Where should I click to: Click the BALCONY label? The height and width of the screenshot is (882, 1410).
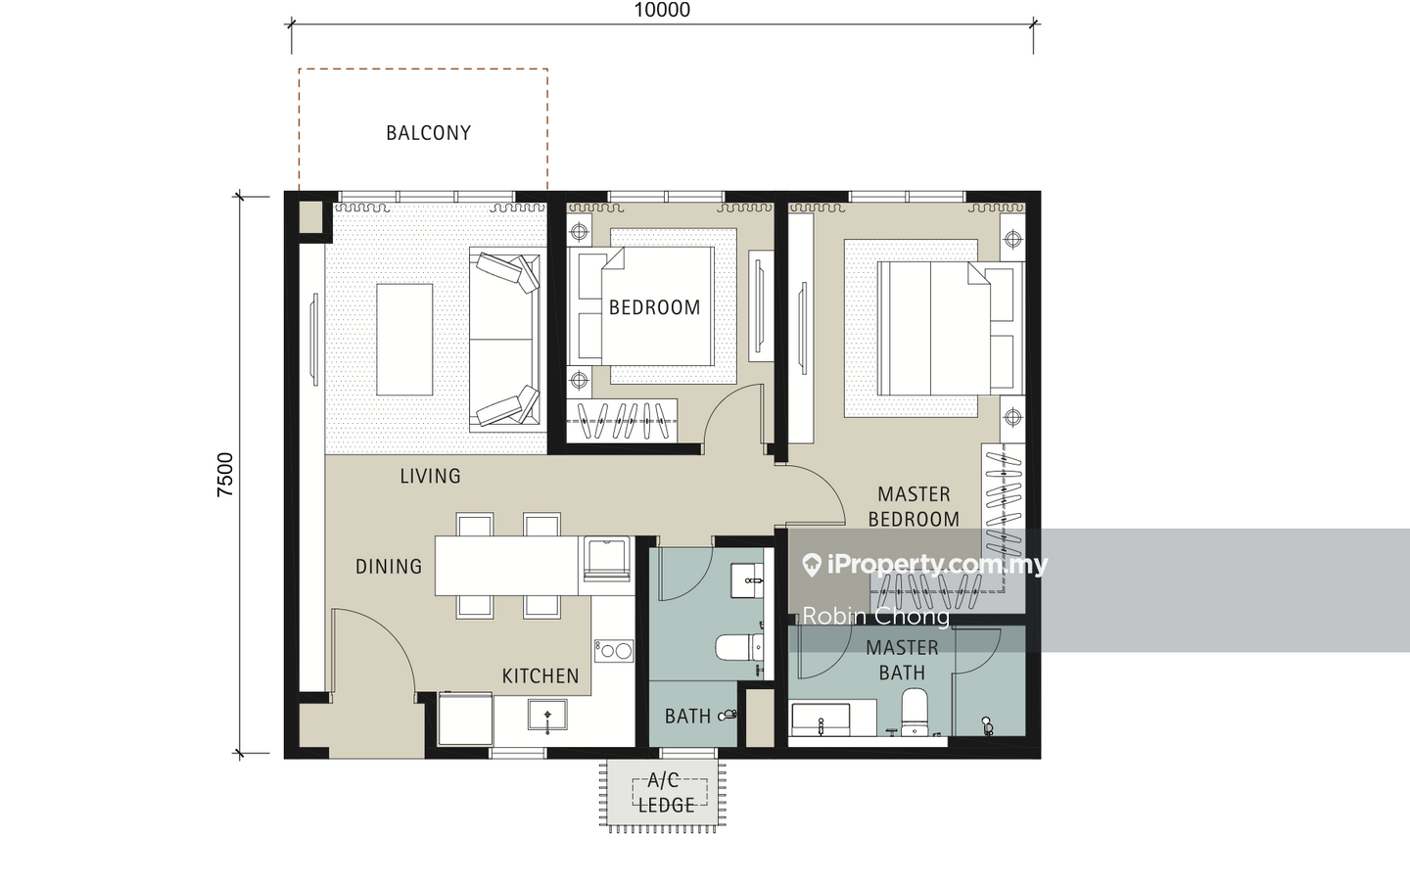tap(428, 133)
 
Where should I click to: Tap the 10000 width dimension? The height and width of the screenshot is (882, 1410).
tap(662, 10)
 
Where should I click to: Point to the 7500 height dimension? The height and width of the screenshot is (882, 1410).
tap(225, 475)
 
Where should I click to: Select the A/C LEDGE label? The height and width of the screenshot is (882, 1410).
tap(666, 793)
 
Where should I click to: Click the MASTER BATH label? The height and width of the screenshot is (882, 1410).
tap(902, 660)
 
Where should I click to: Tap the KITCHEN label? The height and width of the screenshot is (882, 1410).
tap(540, 676)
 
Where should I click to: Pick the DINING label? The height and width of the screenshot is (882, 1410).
tap(389, 567)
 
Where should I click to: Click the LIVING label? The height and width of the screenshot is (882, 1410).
tap(430, 476)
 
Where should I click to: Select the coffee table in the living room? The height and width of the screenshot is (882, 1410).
tap(404, 339)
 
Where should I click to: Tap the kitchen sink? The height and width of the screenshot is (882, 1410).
tap(547, 716)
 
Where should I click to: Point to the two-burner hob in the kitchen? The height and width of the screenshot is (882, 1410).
tap(614, 651)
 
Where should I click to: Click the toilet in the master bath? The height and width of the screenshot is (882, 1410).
tap(914, 712)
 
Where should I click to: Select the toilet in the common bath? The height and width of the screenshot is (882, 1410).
tap(739, 647)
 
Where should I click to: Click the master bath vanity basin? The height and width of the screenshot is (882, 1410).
tap(821, 720)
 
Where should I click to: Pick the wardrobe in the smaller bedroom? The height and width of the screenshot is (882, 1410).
tap(622, 420)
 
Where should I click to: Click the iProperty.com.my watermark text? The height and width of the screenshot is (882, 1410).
tap(925, 564)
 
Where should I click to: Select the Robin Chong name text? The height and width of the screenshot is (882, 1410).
tap(875, 616)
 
